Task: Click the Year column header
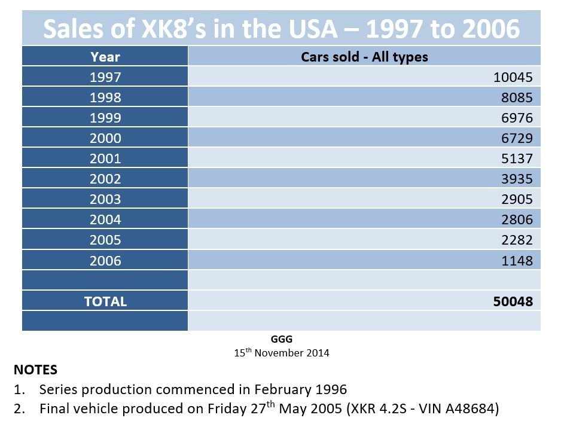tap(105, 57)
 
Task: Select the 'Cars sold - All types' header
tap(364, 57)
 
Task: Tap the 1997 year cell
tap(105, 77)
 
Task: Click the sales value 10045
tap(513, 77)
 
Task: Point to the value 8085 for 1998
tap(517, 97)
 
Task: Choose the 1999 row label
tap(105, 118)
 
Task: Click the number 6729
tap(517, 138)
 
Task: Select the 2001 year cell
tap(105, 158)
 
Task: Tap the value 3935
tap(517, 179)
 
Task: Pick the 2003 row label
tap(105, 199)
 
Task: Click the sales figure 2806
tap(517, 219)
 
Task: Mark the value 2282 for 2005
tap(517, 240)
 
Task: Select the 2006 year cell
tap(105, 261)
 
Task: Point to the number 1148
tap(517, 261)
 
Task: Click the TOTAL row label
tap(105, 301)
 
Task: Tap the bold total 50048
tap(513, 301)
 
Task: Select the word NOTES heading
tap(35, 370)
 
